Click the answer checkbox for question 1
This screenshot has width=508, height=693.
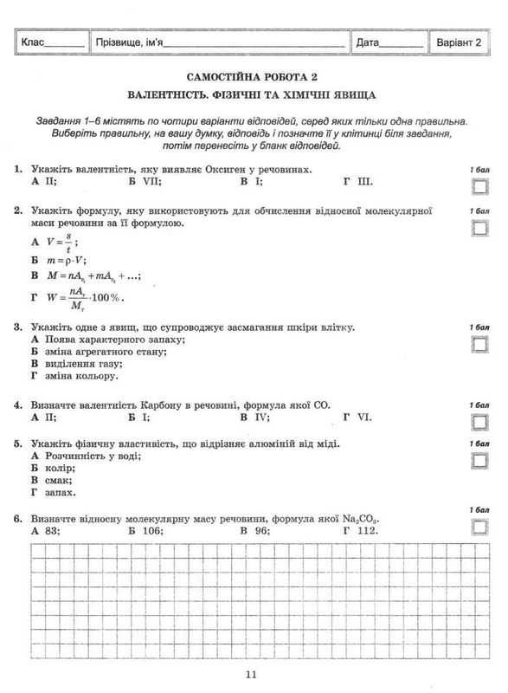pyautogui.click(x=479, y=186)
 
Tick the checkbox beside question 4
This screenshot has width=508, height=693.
pyautogui.click(x=479, y=422)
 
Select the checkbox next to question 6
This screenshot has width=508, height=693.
pyautogui.click(x=479, y=526)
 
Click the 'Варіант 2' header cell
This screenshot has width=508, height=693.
pyautogui.click(x=466, y=42)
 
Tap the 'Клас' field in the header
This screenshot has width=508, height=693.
pyautogui.click(x=52, y=42)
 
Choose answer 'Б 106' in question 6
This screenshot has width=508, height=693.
pyautogui.click(x=145, y=530)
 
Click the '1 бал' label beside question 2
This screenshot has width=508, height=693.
pyautogui.click(x=479, y=210)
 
